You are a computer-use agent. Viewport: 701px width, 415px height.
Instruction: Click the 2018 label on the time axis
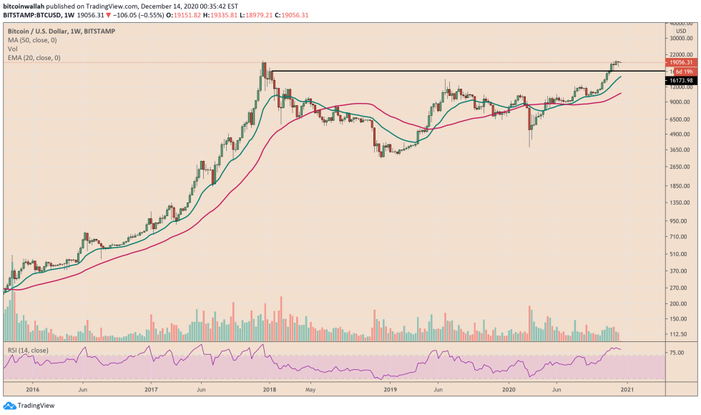click(x=270, y=390)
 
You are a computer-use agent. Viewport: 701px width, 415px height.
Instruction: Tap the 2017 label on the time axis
click(x=150, y=390)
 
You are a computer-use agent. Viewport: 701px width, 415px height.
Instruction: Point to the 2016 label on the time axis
click(x=33, y=390)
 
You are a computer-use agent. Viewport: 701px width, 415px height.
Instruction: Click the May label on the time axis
click(x=310, y=390)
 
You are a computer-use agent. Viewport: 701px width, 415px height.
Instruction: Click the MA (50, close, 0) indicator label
click(x=34, y=40)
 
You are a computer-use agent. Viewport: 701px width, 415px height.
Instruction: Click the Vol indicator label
click(x=12, y=49)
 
